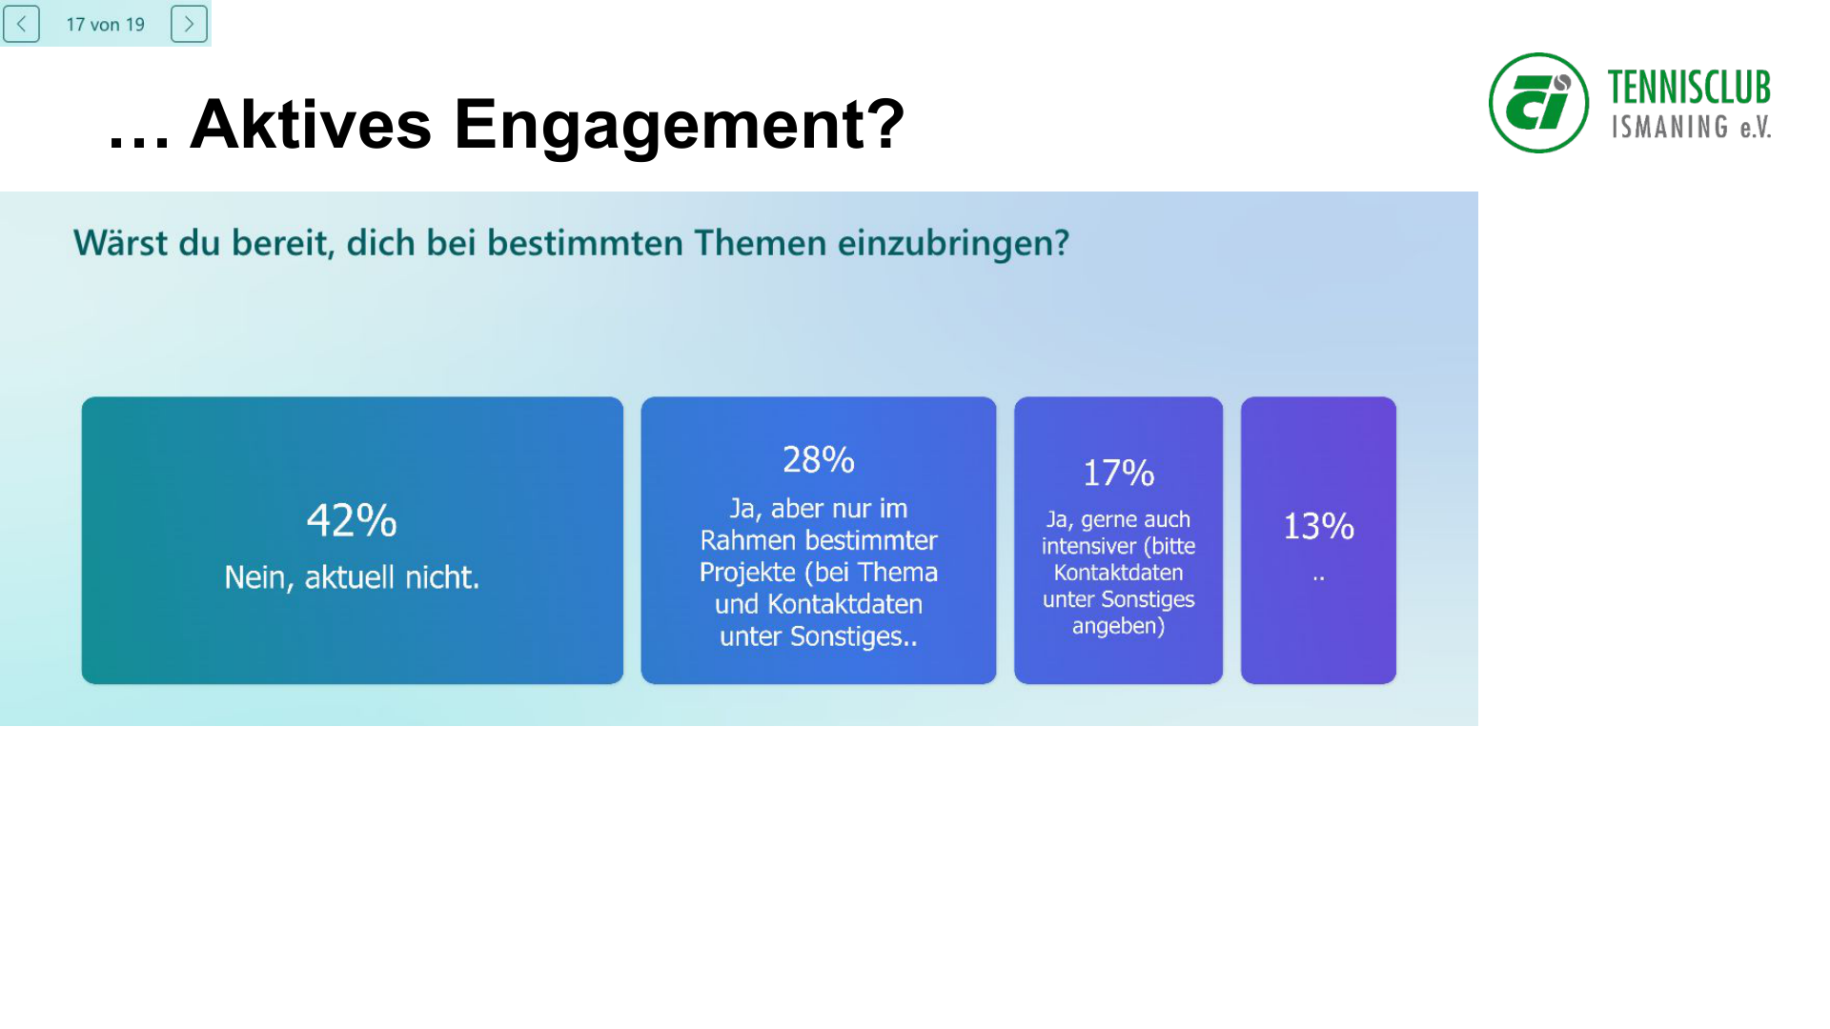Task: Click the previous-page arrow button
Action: pos(21,24)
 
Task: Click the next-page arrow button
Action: pos(189,24)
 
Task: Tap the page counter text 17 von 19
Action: pos(105,25)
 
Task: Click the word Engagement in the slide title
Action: pos(679,125)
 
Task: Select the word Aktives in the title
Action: pos(311,125)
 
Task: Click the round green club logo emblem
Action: pos(1538,103)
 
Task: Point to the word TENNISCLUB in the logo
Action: pos(1688,88)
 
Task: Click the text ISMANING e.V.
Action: pos(1691,128)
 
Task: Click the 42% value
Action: pos(352,521)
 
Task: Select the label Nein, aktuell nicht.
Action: pos(352,577)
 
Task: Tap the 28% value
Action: pos(818,460)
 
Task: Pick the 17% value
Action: pos(1118,474)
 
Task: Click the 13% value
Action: pos(1318,526)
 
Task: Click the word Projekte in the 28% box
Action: pos(747,573)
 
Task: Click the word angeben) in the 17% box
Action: pos(1118,627)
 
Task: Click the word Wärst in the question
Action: pos(120,243)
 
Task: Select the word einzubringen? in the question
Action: pos(953,244)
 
